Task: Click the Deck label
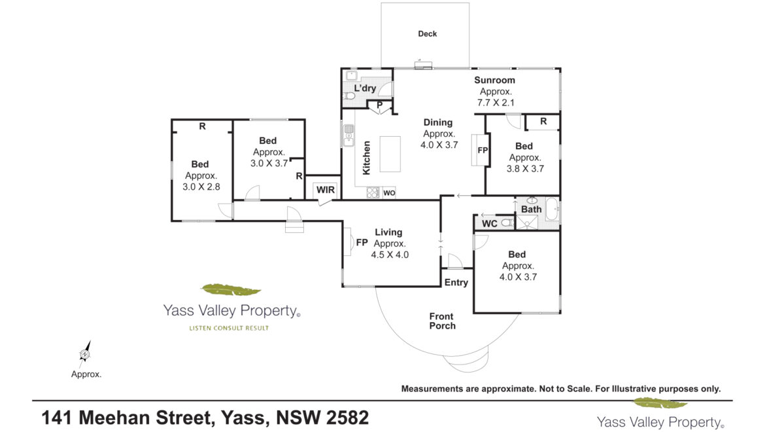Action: [x=428, y=33]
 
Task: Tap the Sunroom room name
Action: [x=495, y=80]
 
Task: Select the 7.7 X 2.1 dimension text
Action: [x=496, y=103]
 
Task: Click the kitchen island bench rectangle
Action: [x=390, y=154]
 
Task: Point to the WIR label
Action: [x=326, y=190]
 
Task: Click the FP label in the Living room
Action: [x=362, y=242]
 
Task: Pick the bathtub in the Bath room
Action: [x=552, y=209]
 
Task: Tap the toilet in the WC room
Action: [x=507, y=223]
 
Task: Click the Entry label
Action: [x=456, y=282]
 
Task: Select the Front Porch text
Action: [x=443, y=321]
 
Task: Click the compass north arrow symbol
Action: [x=86, y=354]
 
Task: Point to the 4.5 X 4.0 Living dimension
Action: [x=390, y=255]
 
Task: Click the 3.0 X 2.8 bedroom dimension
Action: [x=201, y=187]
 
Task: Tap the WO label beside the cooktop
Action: [x=389, y=193]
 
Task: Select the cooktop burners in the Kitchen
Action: [x=373, y=193]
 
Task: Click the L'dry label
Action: [x=365, y=88]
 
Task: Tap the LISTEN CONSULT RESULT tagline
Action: [x=229, y=328]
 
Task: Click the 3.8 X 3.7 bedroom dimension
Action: [x=525, y=169]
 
